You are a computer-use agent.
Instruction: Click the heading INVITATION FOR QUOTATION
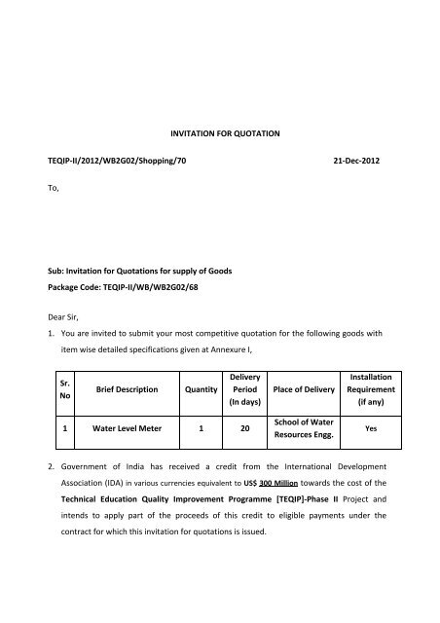(x=221, y=125)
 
